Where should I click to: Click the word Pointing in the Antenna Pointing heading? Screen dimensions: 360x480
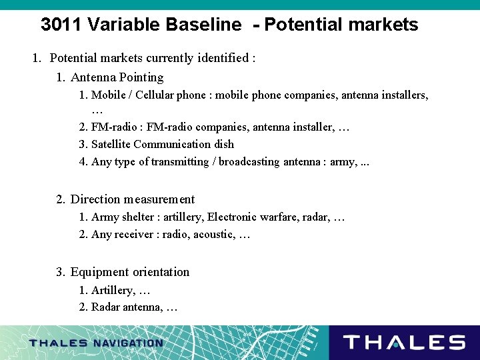(x=140, y=77)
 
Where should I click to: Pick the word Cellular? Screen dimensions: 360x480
(x=155, y=95)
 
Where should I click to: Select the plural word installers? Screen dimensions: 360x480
(x=401, y=95)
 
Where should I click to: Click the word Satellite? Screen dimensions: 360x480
(x=111, y=144)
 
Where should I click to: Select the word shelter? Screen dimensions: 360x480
(x=139, y=217)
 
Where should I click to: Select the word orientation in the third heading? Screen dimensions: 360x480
(x=160, y=272)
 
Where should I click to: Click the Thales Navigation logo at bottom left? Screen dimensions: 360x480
(x=96, y=343)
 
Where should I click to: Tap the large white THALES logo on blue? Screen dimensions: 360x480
(x=404, y=343)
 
